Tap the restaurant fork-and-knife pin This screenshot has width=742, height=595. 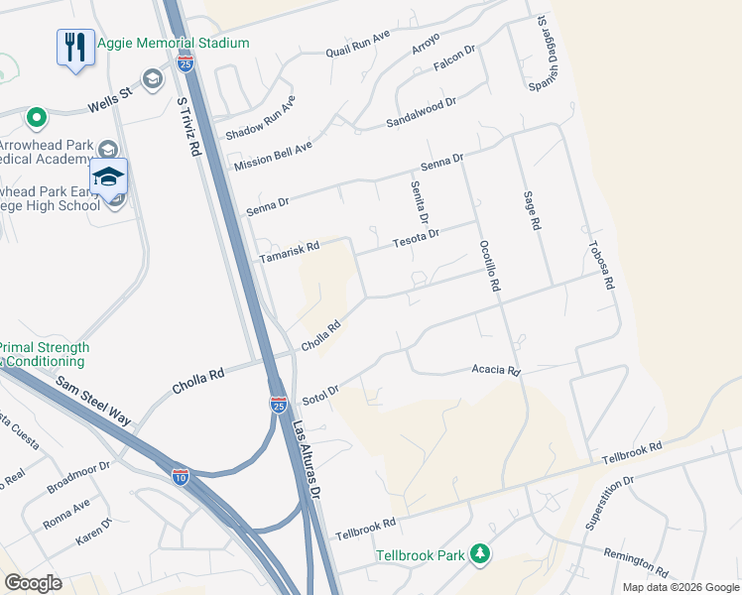[75, 47]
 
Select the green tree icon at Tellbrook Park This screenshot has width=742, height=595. [481, 553]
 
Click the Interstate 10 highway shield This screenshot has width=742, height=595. [180, 476]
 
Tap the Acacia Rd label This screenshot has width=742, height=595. [497, 371]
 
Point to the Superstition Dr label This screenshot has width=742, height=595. [609, 503]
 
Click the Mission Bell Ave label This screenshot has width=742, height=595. [273, 156]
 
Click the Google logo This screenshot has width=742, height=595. [33, 583]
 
